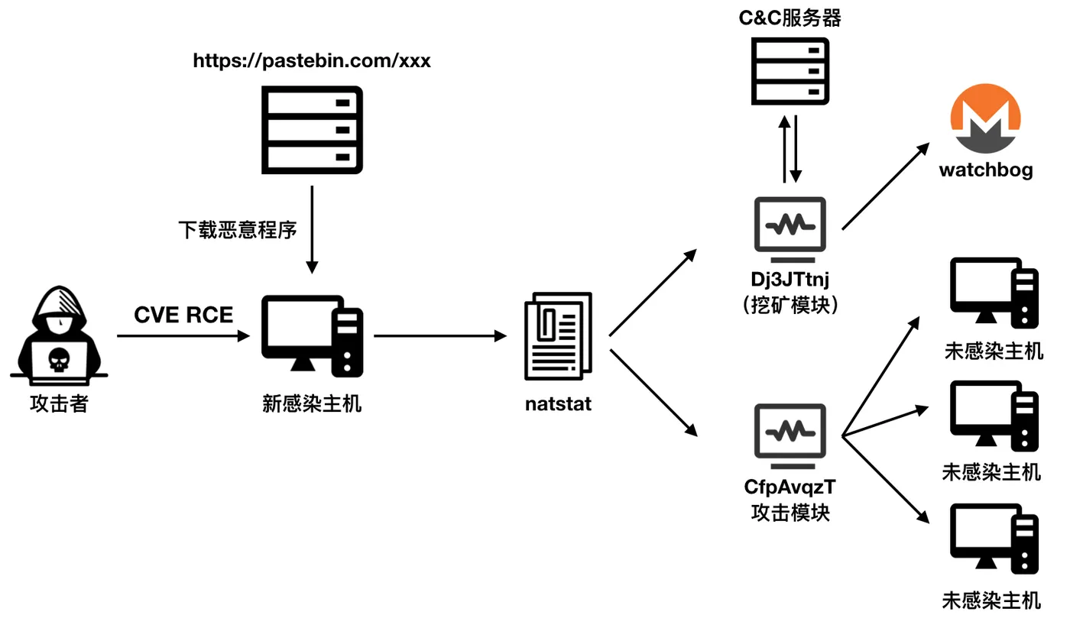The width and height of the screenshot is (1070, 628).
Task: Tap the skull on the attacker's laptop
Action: tap(59, 359)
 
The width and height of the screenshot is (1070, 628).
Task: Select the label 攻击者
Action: tap(59, 403)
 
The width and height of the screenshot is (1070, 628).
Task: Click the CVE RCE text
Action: tap(183, 315)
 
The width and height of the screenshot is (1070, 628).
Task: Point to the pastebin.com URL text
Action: tap(312, 61)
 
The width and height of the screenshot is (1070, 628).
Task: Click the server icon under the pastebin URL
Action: tap(312, 129)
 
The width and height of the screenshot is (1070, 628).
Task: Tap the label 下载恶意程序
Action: tap(237, 229)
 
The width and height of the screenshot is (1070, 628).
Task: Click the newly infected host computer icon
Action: tap(312, 336)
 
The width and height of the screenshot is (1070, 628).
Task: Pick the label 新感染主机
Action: tap(312, 403)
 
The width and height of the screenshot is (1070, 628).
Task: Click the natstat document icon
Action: tap(558, 336)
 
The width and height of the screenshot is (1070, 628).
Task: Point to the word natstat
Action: tap(558, 403)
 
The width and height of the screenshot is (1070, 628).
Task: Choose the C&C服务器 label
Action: tap(790, 18)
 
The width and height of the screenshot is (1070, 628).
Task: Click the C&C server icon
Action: tap(790, 71)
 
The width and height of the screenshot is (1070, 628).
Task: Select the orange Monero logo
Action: tap(985, 118)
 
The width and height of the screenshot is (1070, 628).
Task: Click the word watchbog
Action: tap(985, 169)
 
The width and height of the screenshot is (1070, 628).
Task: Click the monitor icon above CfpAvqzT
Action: tap(790, 435)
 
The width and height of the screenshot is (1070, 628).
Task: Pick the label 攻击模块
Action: tap(790, 512)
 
